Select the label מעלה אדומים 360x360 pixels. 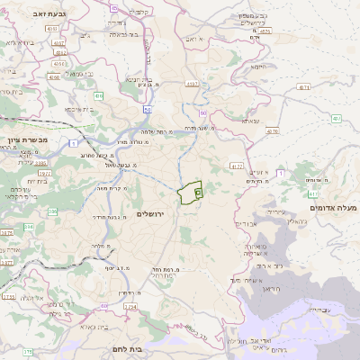coord(332,208)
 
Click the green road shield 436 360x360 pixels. coord(98,95)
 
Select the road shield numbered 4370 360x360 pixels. coord(272,131)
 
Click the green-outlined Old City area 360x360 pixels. coord(191,193)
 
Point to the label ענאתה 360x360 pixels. coord(250,120)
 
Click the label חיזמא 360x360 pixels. coord(258,67)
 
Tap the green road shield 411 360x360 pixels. coord(311,193)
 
